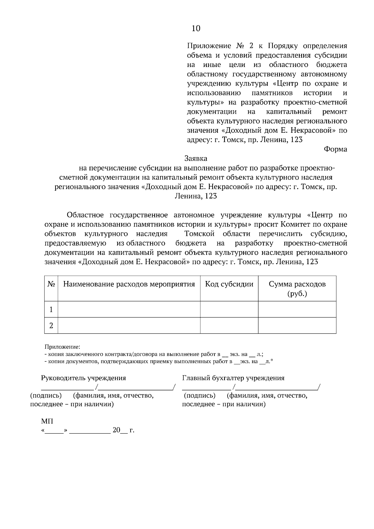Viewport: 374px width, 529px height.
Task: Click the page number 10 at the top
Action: pos(196,29)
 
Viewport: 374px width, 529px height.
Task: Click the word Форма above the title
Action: pos(335,149)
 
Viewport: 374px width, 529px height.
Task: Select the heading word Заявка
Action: pos(196,159)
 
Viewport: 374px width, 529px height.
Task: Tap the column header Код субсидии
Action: pos(229,284)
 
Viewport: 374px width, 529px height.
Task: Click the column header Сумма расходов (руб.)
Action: pos(297,288)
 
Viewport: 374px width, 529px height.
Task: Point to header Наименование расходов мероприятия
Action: pos(129,284)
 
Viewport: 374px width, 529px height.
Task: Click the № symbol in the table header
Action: pos(51,284)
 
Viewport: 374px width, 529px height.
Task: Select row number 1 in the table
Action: pos(51,309)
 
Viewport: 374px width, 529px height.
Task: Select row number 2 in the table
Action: pos(51,326)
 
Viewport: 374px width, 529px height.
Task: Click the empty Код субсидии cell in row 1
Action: pos(229,309)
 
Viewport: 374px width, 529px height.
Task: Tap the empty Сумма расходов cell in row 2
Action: pos(297,326)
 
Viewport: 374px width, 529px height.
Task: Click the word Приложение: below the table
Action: pos(62,347)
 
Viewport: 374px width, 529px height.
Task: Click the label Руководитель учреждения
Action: pos(84,378)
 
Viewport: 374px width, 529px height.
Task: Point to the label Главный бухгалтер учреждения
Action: pos(233,378)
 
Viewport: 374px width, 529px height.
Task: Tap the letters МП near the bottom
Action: pos(47,422)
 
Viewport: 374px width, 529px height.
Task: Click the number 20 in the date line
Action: pos(116,431)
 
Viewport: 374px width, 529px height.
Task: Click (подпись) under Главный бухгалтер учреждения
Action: pos(199,396)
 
